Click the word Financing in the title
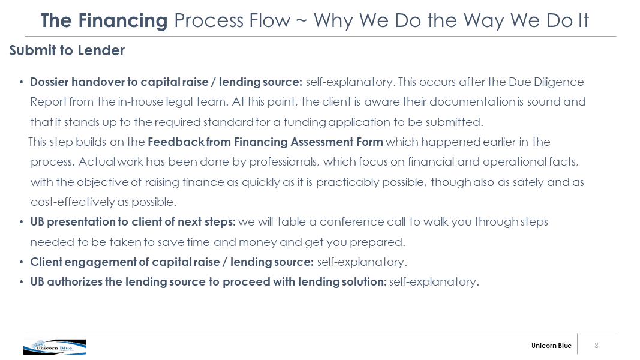tap(123, 21)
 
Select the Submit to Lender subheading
tap(67, 50)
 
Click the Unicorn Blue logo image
tap(55, 347)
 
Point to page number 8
tap(596, 346)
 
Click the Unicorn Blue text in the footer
tap(551, 346)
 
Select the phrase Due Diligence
tap(546, 82)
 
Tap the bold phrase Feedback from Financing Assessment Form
tap(265, 142)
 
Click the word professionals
tap(284, 162)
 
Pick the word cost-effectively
tap(73, 202)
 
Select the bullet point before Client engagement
tap(21, 262)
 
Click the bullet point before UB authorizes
tap(21, 282)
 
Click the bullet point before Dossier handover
tap(21, 82)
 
